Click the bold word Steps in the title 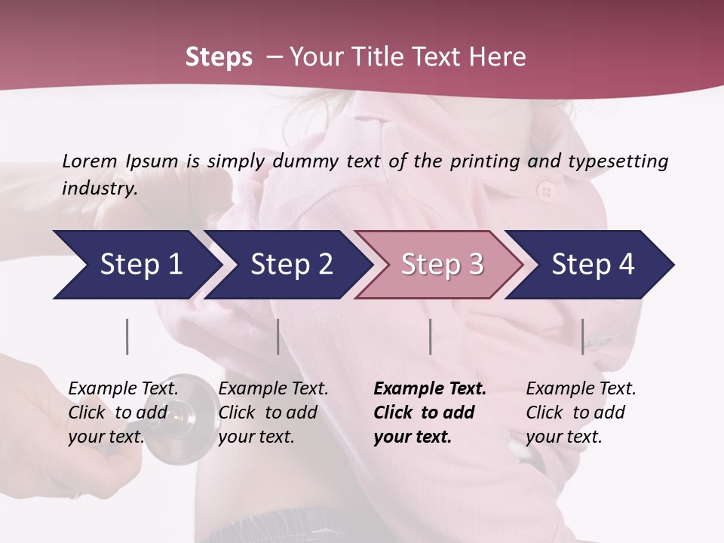click(x=219, y=57)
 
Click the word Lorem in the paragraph click(x=89, y=161)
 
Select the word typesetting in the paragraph click(x=618, y=161)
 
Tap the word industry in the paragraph click(x=100, y=188)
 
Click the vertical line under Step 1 click(x=127, y=336)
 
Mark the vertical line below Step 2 click(x=278, y=336)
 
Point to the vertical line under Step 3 click(x=430, y=336)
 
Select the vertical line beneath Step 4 click(x=582, y=336)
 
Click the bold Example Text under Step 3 click(x=430, y=388)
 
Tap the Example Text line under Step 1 click(x=123, y=388)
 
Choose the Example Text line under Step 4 click(x=581, y=388)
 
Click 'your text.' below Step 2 click(x=256, y=437)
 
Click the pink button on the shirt click(x=546, y=192)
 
